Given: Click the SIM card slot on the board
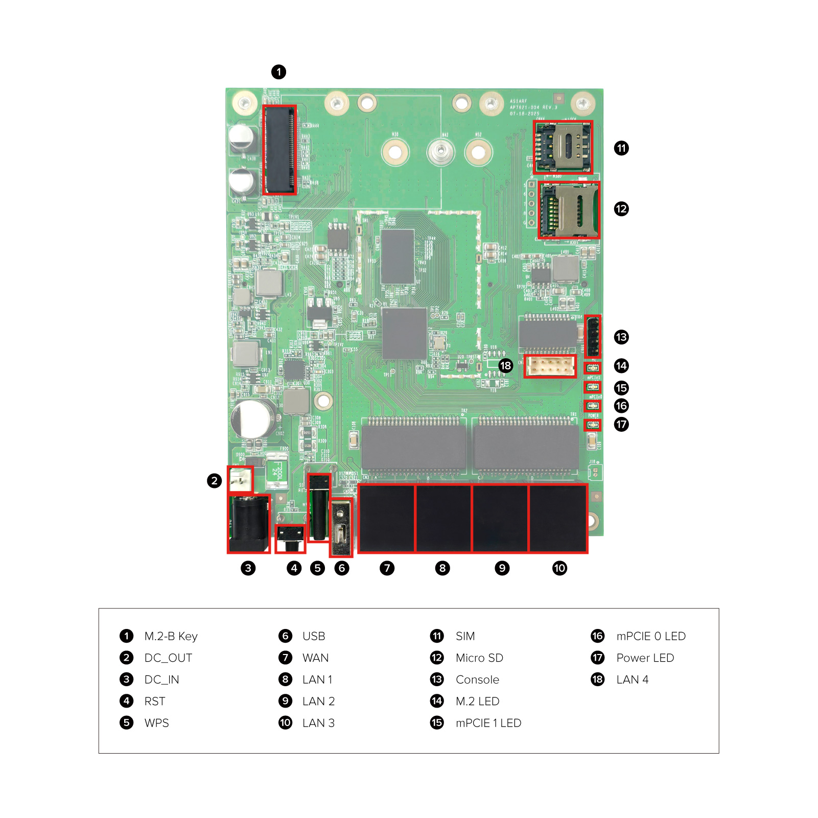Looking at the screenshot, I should point(563,147).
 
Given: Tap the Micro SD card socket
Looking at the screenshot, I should point(569,210).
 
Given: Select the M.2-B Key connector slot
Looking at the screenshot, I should point(279,150).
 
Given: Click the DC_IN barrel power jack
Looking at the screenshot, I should point(249,524).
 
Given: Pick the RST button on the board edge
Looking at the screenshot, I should point(290,539).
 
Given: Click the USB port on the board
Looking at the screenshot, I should point(341,528).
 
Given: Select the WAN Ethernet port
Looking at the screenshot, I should point(387,518).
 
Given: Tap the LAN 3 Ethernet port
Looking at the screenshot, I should point(558,518).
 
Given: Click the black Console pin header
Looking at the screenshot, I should point(593,336).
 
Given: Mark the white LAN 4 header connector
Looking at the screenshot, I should point(550,366).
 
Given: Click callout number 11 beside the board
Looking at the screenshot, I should point(621,148).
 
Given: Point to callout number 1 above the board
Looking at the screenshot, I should point(278,72).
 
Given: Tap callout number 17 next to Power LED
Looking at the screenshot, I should point(621,424).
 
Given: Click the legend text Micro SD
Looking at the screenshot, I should point(479,658).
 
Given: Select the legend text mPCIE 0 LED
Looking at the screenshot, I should point(650,636).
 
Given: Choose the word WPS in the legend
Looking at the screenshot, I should point(156,723).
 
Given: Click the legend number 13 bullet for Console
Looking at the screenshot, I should point(437,680).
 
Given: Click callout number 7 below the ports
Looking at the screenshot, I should point(387,568).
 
